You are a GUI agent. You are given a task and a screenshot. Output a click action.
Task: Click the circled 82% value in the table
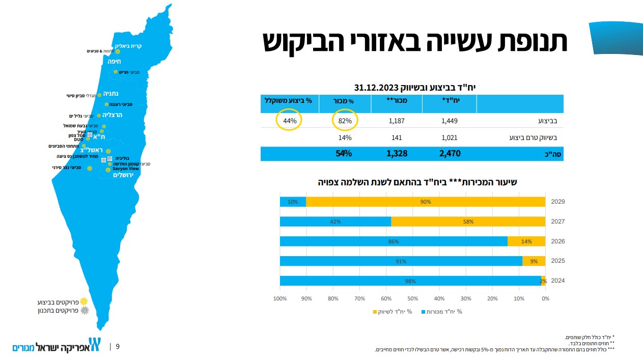click(x=345, y=122)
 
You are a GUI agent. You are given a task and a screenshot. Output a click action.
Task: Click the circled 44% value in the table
click(x=289, y=122)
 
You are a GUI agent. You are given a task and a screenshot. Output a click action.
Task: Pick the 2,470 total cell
click(x=450, y=153)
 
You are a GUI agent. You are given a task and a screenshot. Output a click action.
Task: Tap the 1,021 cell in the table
click(x=450, y=137)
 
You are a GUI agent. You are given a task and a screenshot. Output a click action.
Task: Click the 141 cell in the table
click(x=396, y=137)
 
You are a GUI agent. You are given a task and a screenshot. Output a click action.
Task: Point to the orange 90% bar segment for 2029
click(x=426, y=202)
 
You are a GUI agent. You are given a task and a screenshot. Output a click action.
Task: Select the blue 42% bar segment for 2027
click(x=335, y=221)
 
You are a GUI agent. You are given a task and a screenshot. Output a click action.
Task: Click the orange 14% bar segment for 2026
click(x=526, y=241)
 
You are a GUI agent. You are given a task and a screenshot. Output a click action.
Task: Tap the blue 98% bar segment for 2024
click(x=410, y=281)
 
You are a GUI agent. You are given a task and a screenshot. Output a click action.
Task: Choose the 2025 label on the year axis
click(x=558, y=261)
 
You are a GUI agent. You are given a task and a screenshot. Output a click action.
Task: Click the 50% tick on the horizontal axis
click(x=412, y=298)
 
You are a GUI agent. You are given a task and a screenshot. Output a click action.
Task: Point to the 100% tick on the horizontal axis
click(x=280, y=298)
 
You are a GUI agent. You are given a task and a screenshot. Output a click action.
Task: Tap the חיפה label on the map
click(x=114, y=61)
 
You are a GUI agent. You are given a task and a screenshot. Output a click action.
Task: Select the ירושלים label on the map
click(x=123, y=175)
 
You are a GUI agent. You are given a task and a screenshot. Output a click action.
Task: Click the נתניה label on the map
click(x=111, y=94)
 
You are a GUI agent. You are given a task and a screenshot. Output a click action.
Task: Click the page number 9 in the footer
click(x=118, y=347)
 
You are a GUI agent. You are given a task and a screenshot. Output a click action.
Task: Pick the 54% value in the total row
click(x=344, y=153)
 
